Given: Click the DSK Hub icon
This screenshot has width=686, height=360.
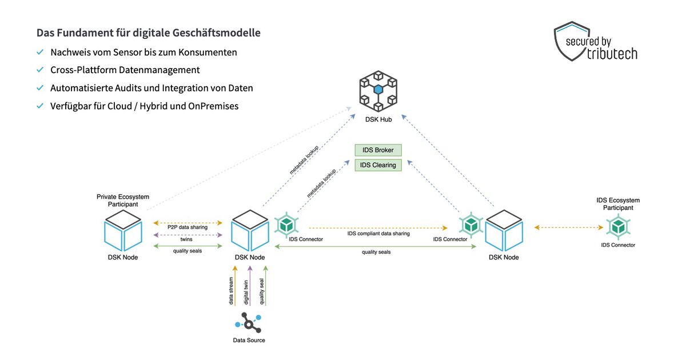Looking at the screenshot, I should tap(378, 92).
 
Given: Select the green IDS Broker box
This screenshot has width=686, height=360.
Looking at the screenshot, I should tap(378, 150).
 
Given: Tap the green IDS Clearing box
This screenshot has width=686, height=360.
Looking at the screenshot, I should tap(378, 165).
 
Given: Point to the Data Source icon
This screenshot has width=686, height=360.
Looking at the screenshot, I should tap(248, 323).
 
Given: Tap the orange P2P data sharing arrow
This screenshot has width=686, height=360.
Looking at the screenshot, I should tap(187, 222).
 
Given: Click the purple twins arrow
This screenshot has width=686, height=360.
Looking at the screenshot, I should tap(187, 235).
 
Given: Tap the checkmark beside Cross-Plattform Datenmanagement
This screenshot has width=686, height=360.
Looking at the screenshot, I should tap(40, 70).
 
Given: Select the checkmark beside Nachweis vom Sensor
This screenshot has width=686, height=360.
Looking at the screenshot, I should tap(40, 52).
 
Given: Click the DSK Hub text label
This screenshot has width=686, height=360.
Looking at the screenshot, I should tap(378, 119).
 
